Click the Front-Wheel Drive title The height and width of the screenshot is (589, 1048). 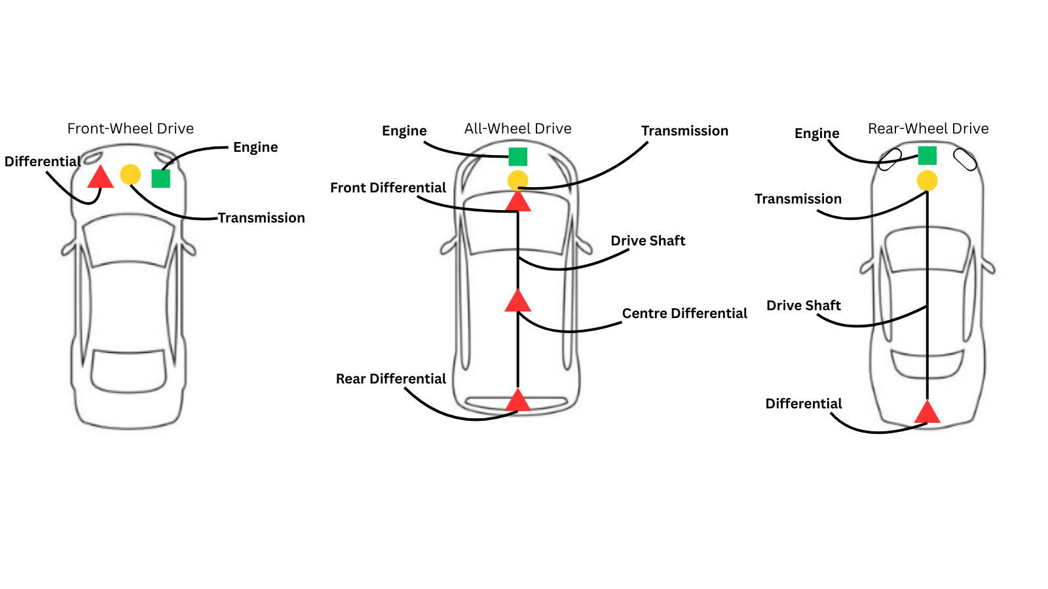[130, 128]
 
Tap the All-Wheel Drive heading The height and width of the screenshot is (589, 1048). [517, 128]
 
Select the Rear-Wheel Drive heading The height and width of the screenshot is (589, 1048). [928, 128]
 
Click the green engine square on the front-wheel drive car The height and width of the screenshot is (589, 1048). [160, 178]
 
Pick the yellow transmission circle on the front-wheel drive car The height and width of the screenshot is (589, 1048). [130, 174]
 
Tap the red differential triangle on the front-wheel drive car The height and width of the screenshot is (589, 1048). [100, 178]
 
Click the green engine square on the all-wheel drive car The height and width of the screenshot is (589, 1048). [517, 157]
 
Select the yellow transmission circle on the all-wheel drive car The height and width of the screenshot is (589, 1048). [517, 180]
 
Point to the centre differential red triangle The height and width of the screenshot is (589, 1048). [517, 302]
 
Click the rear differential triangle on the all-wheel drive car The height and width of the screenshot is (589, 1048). [517, 401]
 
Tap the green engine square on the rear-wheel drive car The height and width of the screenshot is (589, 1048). [927, 156]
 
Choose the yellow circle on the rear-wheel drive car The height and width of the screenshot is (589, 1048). [927, 180]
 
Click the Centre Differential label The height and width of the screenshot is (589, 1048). [684, 313]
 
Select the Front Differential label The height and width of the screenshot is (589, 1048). [388, 188]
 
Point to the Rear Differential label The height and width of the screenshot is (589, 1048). [390, 379]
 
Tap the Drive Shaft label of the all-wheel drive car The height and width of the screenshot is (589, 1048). [648, 241]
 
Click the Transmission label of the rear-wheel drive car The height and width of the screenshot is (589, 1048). [798, 199]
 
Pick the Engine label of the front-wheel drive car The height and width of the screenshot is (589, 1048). [255, 147]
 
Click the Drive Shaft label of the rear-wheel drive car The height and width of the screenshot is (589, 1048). [804, 306]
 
